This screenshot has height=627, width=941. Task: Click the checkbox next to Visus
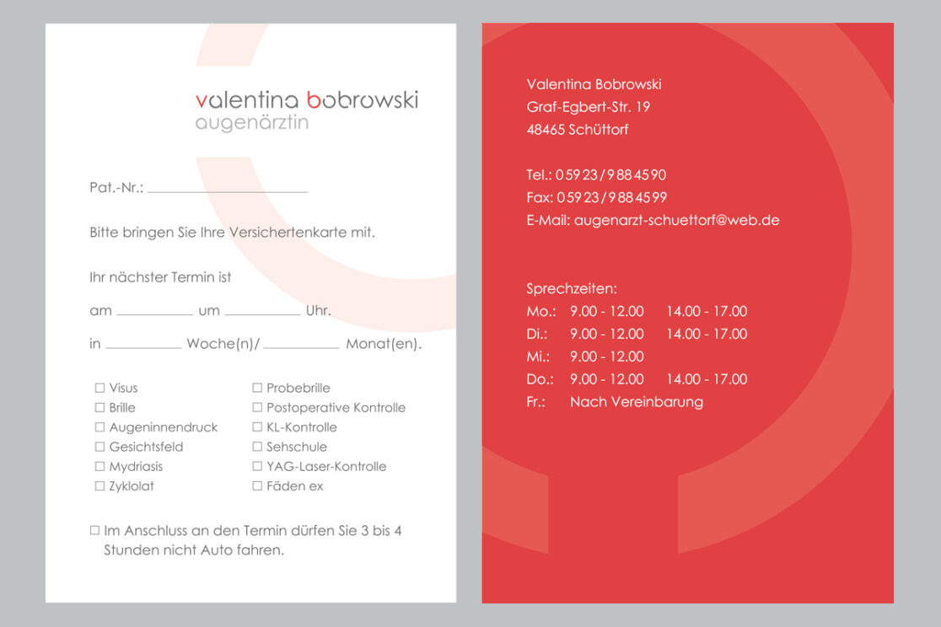coord(99,388)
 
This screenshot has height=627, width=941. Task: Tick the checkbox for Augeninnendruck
coord(99,427)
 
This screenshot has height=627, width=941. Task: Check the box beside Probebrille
coord(257,388)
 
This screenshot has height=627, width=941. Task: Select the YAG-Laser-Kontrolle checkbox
coord(257,466)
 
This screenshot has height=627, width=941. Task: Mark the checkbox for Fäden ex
coord(257,486)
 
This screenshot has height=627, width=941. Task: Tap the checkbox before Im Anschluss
coord(94,531)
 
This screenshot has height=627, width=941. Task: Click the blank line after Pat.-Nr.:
coord(228,190)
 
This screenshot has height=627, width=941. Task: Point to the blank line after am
coord(154,313)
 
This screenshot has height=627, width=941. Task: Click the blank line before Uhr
coord(262,313)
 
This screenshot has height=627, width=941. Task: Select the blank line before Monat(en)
coord(301,346)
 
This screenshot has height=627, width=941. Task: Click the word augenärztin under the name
coord(251,123)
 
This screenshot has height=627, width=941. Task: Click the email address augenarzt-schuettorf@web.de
coord(676,221)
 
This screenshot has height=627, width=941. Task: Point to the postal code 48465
coord(546,130)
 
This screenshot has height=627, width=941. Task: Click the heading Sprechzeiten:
coord(572,288)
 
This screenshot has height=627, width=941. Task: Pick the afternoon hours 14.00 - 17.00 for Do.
coord(707,379)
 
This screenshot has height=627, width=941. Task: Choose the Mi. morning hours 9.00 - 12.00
coord(606,356)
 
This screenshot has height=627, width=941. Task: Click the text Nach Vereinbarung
coord(636,402)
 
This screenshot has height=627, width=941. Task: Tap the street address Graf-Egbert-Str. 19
coord(588,107)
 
